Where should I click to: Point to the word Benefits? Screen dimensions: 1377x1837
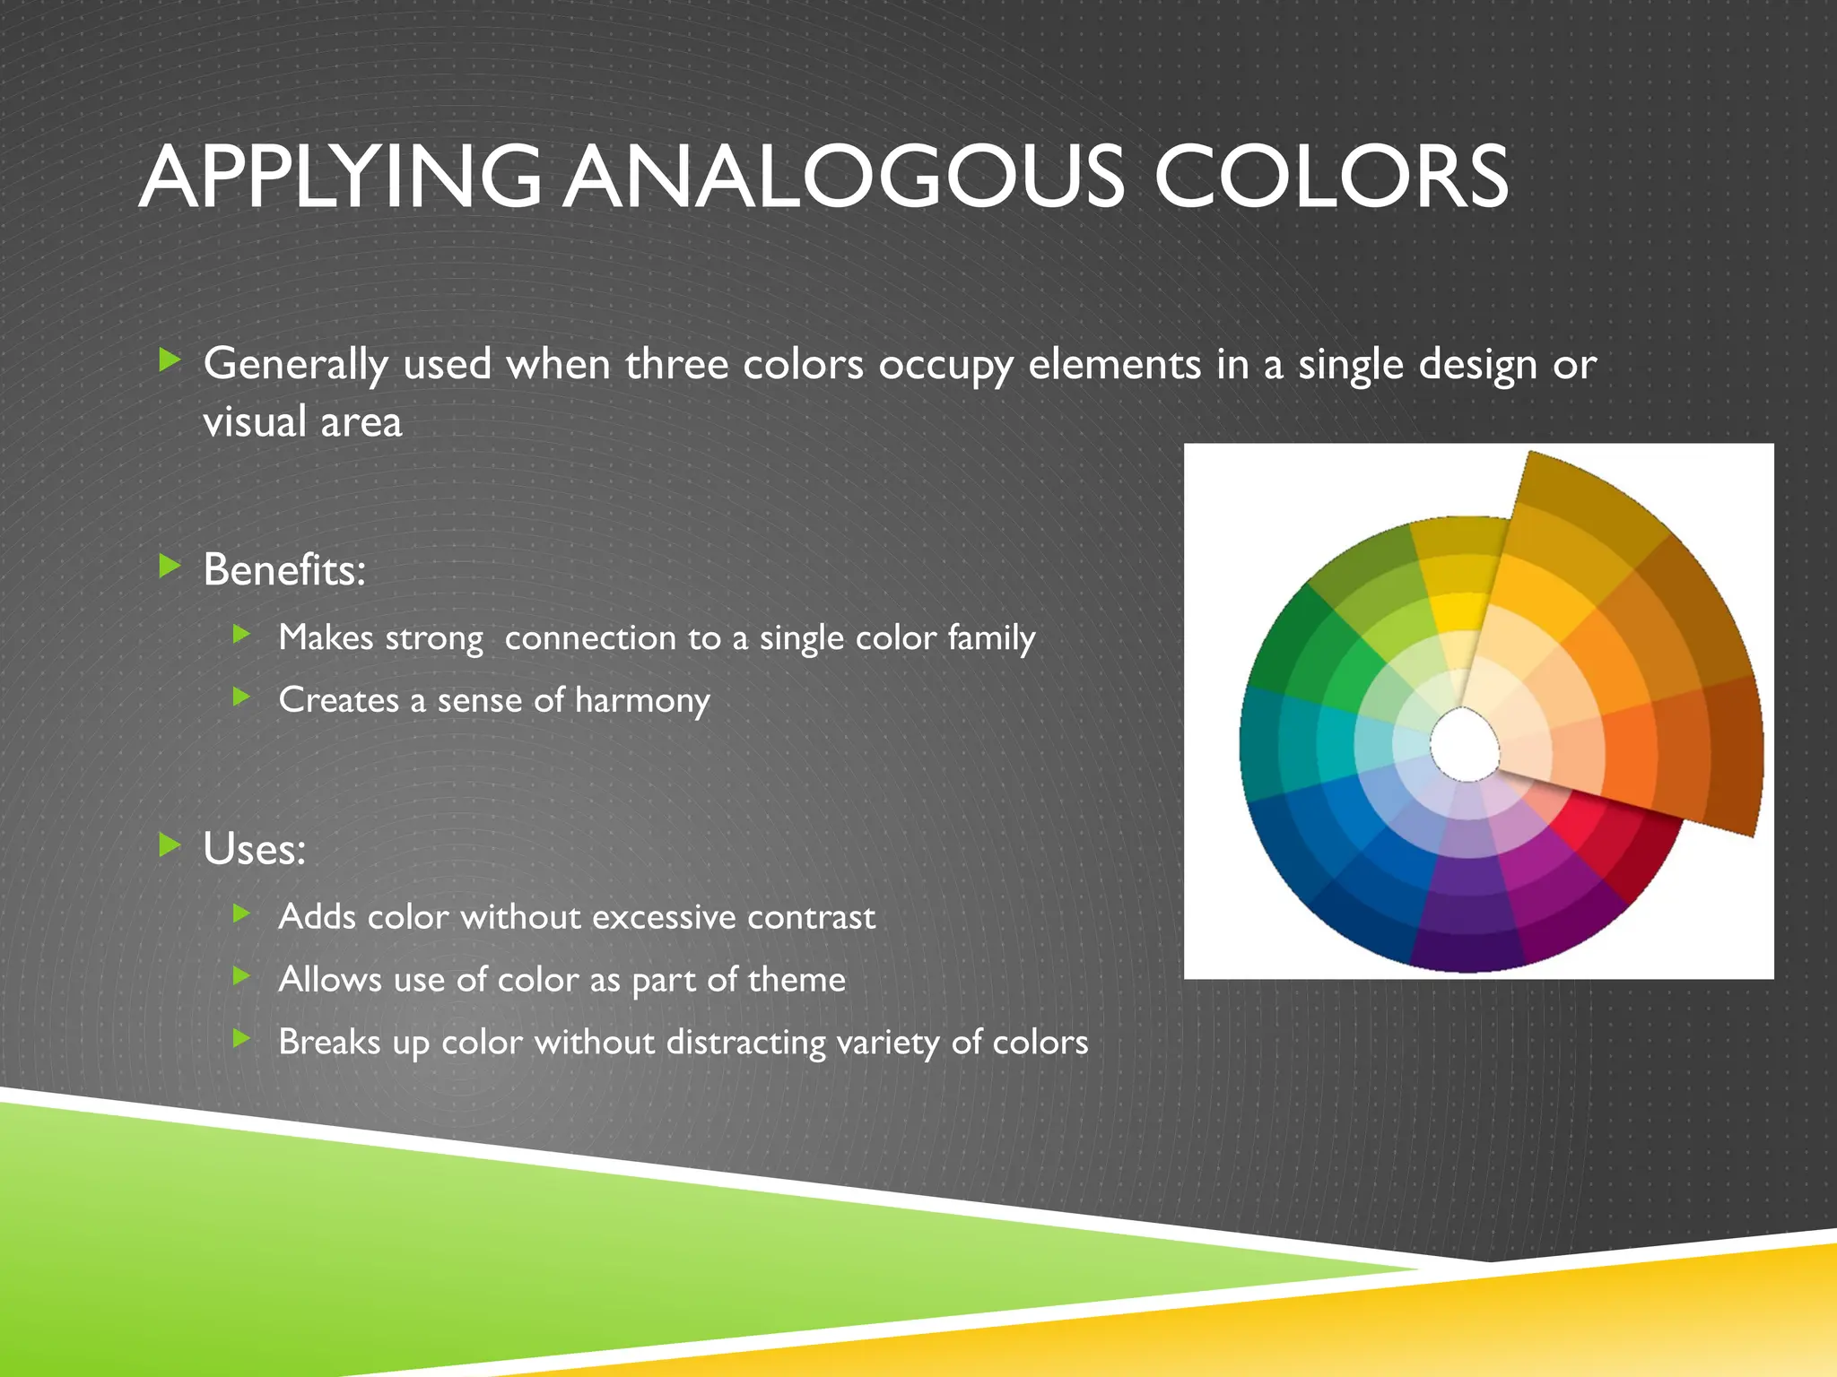pos(284,570)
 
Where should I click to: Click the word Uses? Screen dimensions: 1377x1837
pos(254,849)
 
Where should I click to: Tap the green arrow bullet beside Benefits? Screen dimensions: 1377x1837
pos(170,566)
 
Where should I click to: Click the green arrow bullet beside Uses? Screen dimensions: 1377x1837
pos(170,844)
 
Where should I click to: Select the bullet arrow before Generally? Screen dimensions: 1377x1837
pos(170,360)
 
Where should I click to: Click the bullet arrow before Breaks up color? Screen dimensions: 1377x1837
pos(240,1038)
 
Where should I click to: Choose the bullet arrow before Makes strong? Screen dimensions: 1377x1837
pos(240,635)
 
